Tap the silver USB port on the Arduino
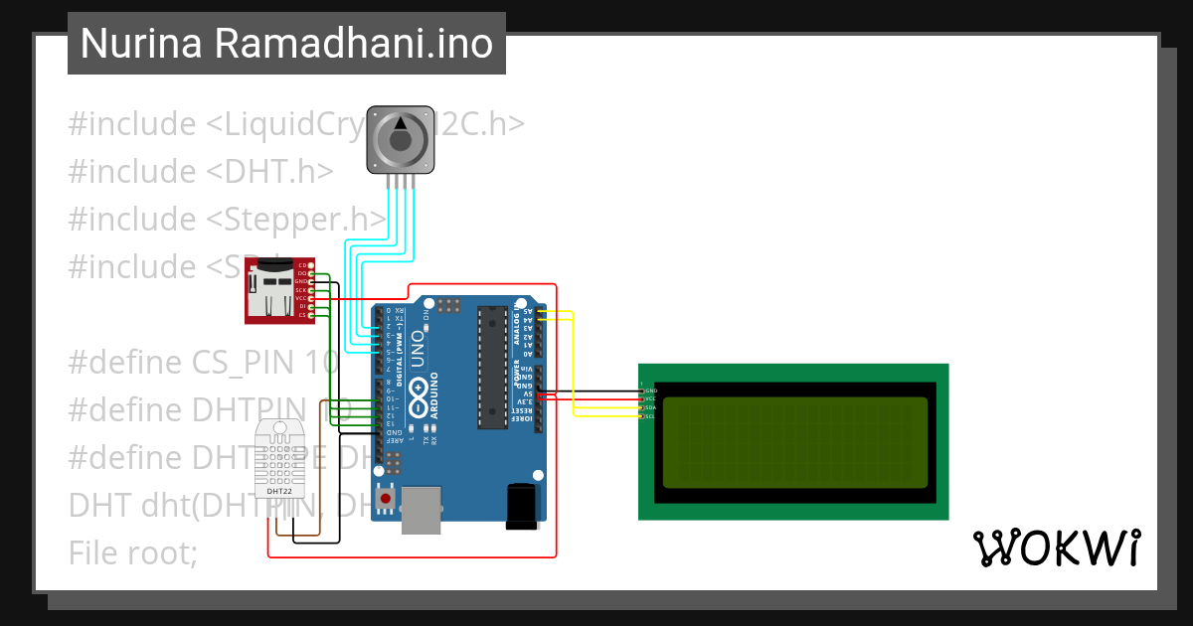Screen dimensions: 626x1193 pos(422,510)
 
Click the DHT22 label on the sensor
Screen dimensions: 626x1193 pos(280,491)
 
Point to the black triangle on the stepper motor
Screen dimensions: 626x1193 pos(401,122)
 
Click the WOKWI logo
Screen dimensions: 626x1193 pos(1056,548)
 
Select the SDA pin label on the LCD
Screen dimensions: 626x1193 pos(651,407)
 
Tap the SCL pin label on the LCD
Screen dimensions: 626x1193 pos(651,416)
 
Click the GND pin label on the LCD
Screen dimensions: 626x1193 pos(651,391)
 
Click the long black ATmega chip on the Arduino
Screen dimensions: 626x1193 pos(491,368)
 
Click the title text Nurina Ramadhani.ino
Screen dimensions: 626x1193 pos(286,44)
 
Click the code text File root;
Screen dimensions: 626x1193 pos(133,551)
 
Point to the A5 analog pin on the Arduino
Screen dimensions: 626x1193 pos(528,311)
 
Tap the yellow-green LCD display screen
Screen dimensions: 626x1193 pos(793,442)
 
